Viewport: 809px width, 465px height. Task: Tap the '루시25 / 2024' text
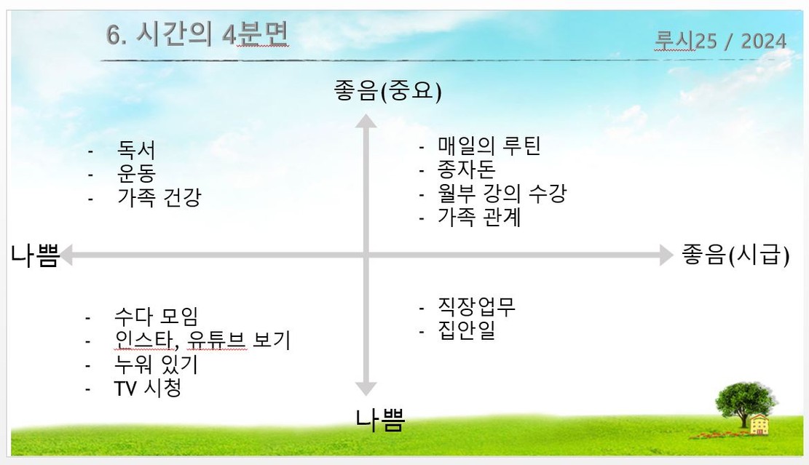[720, 40]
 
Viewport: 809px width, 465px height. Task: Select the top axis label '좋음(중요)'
[388, 92]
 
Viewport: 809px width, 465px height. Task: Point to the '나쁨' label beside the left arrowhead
[34, 256]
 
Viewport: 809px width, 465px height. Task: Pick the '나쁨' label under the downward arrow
[380, 420]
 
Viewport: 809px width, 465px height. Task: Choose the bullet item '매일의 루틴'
[489, 146]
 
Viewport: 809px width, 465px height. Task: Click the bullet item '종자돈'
[466, 170]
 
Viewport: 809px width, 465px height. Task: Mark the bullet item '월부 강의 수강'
[502, 194]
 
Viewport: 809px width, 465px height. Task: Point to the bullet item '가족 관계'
[479, 217]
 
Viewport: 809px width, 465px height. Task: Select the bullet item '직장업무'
[477, 306]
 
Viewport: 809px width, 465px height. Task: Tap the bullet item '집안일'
[466, 330]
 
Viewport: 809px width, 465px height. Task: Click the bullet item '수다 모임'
[156, 317]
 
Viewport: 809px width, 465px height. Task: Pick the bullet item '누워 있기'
[156, 364]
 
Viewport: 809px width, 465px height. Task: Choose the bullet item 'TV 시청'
[147, 388]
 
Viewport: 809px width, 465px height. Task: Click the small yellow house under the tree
[759, 424]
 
